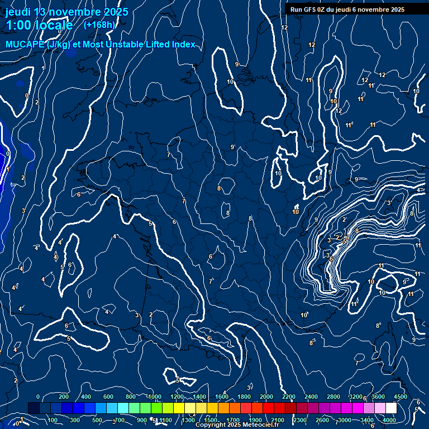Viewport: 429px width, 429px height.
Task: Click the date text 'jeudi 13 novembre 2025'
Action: click(x=66, y=12)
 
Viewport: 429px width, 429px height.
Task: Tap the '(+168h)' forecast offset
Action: click(x=99, y=25)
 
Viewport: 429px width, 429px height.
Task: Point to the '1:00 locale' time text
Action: click(x=39, y=25)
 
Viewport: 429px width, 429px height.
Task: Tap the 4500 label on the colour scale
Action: click(x=400, y=397)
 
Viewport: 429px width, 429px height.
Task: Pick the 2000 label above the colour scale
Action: click(x=266, y=397)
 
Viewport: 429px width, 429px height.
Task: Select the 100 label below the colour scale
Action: click(x=53, y=420)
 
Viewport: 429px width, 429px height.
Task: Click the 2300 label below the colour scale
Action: click(x=299, y=420)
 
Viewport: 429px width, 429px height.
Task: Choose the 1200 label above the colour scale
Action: click(x=177, y=397)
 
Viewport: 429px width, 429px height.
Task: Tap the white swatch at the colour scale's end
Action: click(x=391, y=408)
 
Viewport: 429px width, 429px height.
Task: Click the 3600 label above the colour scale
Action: click(x=378, y=397)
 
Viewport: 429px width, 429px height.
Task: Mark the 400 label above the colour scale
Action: click(x=86, y=397)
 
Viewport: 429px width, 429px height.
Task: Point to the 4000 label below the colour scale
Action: click(x=389, y=420)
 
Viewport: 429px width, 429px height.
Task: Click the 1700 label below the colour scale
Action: click(x=233, y=420)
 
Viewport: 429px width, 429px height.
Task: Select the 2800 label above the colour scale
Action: click(x=333, y=397)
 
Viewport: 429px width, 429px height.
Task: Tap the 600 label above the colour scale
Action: click(x=108, y=397)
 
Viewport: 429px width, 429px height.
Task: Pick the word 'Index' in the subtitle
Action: click(x=183, y=45)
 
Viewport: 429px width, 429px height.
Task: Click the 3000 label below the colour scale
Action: click(x=345, y=420)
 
